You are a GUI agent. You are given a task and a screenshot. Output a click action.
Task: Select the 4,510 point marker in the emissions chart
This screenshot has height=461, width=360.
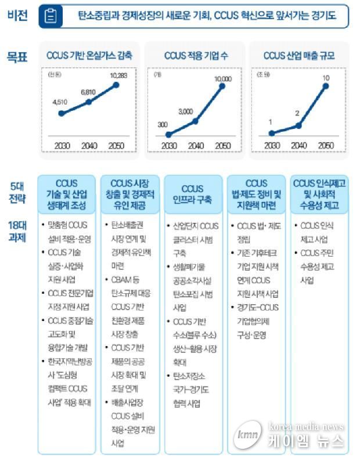click(61, 113)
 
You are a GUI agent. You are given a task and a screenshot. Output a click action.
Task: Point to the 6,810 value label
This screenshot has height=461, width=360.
click(88, 92)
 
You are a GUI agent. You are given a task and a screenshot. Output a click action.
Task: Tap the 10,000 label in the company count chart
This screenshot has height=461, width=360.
click(222, 78)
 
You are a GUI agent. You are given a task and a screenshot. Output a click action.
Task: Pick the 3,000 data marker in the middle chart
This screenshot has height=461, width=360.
click(195, 121)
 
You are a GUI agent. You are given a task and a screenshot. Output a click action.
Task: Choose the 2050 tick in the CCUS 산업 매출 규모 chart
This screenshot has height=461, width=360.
click(326, 145)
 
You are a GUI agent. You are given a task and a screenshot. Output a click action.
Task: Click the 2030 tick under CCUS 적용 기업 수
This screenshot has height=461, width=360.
click(168, 145)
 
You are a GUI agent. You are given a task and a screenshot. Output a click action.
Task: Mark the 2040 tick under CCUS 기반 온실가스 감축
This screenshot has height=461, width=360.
click(88, 145)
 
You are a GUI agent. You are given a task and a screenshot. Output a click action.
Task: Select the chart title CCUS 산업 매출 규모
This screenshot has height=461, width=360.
click(299, 56)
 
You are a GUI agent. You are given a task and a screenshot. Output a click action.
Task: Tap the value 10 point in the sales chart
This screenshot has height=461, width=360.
click(326, 86)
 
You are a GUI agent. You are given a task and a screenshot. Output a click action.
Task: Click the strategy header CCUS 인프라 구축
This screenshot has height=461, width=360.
click(192, 195)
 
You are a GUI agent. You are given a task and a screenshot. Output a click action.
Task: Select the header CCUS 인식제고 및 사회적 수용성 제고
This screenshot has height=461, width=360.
click(320, 195)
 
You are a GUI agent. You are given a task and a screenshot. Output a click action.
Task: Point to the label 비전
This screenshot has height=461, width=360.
click(17, 16)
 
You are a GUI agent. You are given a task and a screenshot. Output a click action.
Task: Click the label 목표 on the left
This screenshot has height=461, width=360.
click(17, 56)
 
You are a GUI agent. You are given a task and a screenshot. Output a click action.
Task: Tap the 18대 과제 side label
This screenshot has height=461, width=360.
click(17, 231)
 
